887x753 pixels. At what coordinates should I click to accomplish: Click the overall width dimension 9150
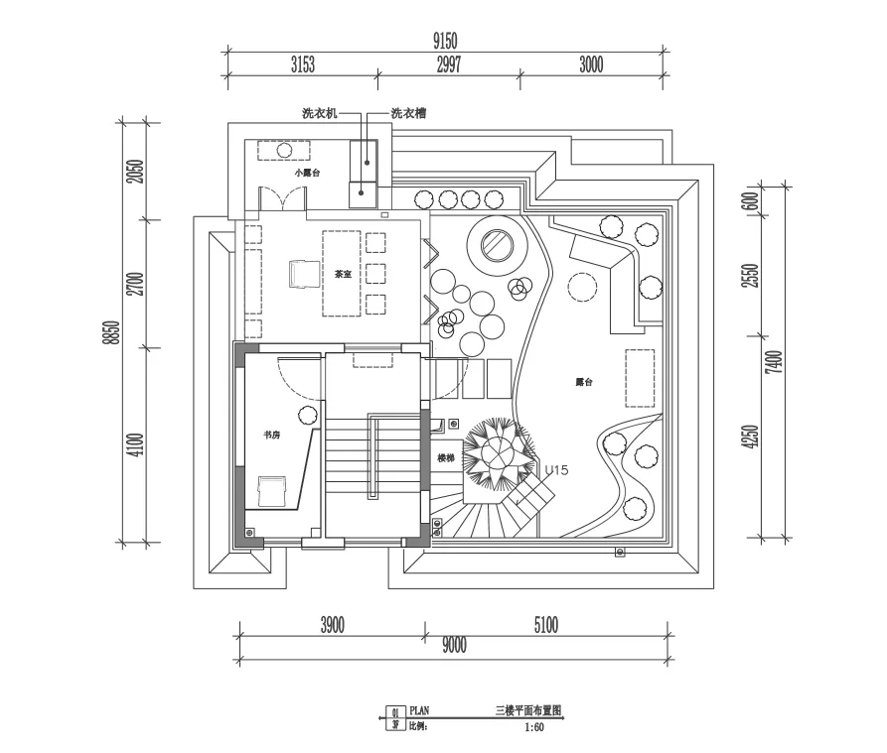click(445, 40)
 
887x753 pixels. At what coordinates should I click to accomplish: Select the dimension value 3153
click(303, 65)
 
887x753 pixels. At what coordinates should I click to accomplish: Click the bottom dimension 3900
click(332, 625)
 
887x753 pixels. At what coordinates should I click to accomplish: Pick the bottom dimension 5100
click(545, 625)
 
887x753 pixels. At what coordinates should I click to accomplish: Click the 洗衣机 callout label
click(320, 114)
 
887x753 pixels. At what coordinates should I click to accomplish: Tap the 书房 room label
click(271, 435)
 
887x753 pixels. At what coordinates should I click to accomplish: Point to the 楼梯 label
click(446, 458)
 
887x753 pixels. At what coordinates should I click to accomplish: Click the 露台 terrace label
click(583, 381)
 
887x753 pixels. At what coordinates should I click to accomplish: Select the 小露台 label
click(307, 173)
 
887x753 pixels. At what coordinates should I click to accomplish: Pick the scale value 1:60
click(534, 726)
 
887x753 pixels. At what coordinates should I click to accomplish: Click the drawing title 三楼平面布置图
click(528, 711)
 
